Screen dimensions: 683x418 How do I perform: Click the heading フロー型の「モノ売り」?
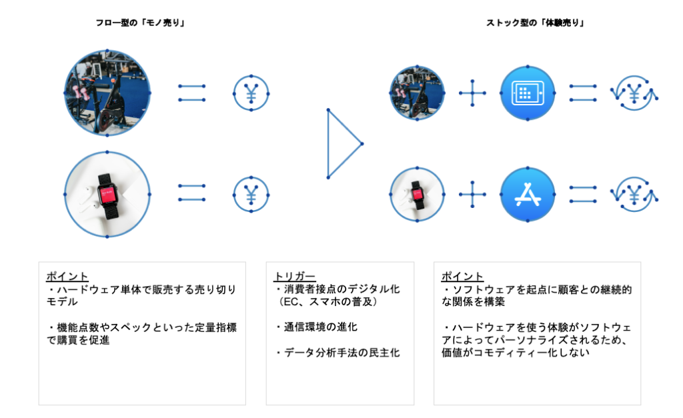[x=140, y=23]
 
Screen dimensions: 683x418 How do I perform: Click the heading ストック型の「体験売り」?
[x=535, y=23]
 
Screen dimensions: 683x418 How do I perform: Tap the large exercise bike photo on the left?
[x=107, y=93]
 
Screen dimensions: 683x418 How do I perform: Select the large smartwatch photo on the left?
[x=107, y=194]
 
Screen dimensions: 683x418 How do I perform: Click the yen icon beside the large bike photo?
[x=251, y=93]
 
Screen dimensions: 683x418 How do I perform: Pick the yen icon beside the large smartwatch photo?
[x=251, y=194]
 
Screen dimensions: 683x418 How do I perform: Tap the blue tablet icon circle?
[x=528, y=93]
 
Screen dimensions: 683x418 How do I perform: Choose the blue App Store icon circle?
[x=528, y=194]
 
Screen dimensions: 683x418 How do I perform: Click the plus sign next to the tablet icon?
[x=473, y=93]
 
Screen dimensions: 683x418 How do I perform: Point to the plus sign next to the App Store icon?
[x=473, y=194]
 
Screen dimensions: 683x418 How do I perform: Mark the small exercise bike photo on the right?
[x=417, y=93]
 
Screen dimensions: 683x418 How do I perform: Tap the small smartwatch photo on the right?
[x=417, y=194]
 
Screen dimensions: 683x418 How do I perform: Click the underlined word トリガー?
[x=294, y=277]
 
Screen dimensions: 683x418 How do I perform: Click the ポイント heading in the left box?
[x=67, y=277]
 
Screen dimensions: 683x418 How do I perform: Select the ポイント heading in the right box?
[x=462, y=277]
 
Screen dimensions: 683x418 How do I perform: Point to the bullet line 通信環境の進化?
[x=317, y=327]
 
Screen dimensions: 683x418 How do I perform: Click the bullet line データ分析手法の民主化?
[x=338, y=353]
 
